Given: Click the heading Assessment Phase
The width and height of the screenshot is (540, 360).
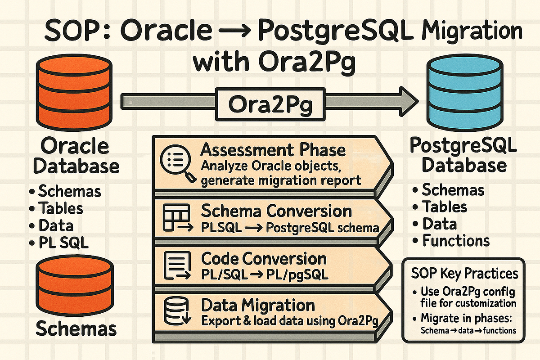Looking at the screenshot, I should point(273,150).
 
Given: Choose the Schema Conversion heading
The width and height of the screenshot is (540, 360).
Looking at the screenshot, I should point(276,211).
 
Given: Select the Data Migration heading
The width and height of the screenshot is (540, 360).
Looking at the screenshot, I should point(258,306).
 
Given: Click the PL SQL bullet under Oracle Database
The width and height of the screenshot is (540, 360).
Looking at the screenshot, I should point(58,243).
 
